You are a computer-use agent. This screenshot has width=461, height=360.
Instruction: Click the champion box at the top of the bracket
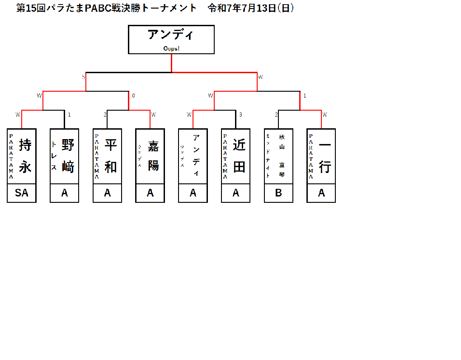click(171, 40)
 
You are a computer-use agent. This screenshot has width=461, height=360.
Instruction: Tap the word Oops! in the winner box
click(171, 48)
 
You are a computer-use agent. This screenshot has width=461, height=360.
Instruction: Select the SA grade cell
click(22, 193)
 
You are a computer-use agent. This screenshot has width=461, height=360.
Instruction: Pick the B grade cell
click(278, 193)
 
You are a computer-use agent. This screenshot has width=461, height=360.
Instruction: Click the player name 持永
click(25, 156)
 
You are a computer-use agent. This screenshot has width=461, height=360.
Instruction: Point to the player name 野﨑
click(68, 156)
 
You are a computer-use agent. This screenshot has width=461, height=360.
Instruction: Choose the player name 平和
click(111, 156)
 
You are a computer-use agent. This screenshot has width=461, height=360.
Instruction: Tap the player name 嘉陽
click(154, 156)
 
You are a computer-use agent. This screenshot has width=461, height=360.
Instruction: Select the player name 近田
click(239, 156)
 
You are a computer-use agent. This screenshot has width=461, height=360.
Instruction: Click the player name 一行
click(325, 156)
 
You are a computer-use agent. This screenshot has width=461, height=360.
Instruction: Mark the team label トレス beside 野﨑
click(54, 156)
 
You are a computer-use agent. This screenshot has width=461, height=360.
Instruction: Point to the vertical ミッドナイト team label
click(268, 156)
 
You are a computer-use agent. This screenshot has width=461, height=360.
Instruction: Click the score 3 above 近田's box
click(240, 115)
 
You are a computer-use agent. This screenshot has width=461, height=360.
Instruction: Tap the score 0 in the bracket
click(133, 95)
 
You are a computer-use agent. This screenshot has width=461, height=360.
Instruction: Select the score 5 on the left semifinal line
click(83, 77)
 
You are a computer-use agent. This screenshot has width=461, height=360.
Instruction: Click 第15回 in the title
click(31, 8)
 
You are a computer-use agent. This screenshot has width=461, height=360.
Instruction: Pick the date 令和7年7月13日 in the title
click(251, 8)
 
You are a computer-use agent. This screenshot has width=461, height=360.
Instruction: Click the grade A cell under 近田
click(235, 193)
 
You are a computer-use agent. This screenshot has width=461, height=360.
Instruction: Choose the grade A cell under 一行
click(321, 193)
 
